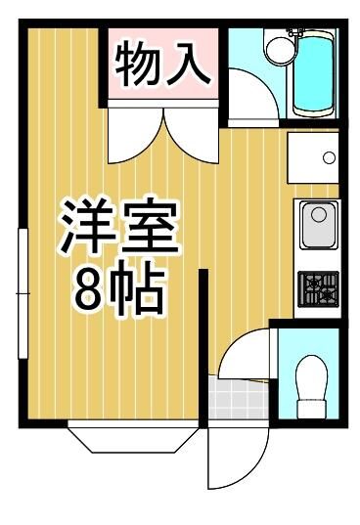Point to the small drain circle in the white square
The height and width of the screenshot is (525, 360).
329,157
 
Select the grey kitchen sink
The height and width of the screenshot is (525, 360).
319,225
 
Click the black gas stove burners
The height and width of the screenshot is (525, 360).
319,288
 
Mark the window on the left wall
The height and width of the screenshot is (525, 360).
22,293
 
